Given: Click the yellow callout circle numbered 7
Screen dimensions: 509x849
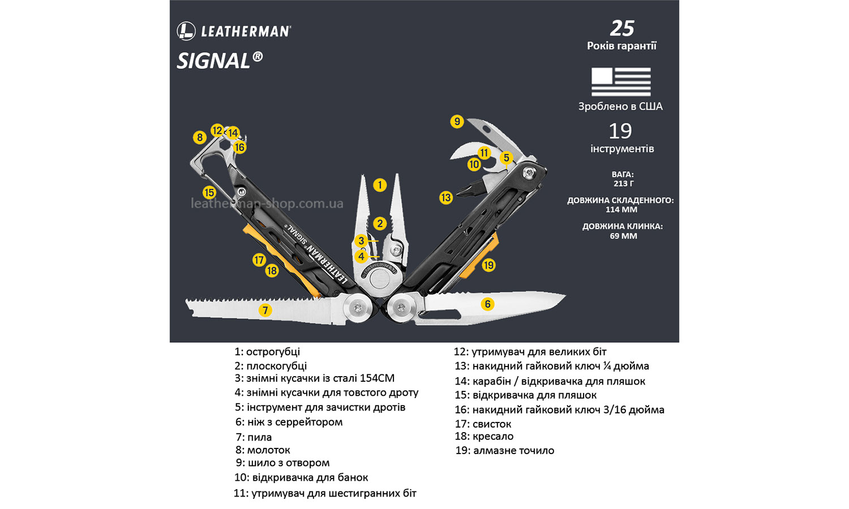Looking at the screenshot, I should coord(265,310).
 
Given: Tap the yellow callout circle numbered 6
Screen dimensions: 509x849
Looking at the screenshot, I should coord(487,304).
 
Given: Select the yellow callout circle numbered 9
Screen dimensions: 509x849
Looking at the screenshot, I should coord(457,122).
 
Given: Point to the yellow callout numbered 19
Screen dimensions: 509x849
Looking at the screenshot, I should coord(488,265).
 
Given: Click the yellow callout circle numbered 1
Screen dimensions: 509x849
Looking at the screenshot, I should coord(380,185).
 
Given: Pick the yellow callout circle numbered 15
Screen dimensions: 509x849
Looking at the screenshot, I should coord(209,192).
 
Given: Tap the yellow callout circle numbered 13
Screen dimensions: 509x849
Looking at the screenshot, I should coord(446,197).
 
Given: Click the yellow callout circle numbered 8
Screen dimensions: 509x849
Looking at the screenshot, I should coord(199,137).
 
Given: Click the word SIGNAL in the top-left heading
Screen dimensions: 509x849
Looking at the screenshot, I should coord(214,61).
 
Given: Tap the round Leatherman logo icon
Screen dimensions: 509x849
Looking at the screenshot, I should coord(186,31).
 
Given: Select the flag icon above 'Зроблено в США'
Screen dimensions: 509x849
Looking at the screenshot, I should coord(621,82).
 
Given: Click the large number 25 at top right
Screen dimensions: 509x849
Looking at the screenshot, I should coord(622,28).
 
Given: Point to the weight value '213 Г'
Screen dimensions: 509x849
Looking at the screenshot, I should coord(623,183).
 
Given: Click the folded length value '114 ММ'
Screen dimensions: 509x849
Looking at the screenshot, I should coord(621,209).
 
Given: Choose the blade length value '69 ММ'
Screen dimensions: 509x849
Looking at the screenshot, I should coord(623,236).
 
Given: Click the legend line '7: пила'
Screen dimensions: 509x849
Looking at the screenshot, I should coord(254,437).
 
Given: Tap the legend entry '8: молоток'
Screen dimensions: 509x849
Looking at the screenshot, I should coord(263,450).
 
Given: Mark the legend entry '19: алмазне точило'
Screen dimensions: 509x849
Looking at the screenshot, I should coord(504,451).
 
